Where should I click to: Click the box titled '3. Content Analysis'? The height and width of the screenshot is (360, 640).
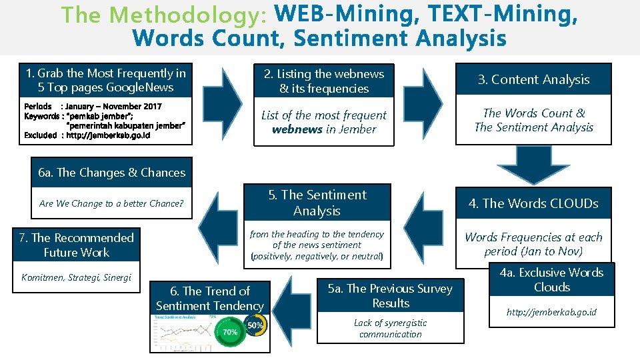point(533,79)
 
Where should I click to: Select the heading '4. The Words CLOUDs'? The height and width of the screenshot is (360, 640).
point(533,203)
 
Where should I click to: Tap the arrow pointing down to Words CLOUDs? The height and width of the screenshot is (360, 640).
point(533,164)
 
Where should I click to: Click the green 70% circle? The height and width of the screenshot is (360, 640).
point(231,332)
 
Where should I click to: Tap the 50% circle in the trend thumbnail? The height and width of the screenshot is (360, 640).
point(255,325)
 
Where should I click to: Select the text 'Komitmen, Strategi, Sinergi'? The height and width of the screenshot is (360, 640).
point(76,277)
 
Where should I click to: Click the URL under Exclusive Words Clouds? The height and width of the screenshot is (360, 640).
point(551,312)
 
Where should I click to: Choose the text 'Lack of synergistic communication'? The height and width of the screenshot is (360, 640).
point(391,328)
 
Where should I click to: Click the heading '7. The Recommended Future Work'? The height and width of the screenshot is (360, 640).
point(76,245)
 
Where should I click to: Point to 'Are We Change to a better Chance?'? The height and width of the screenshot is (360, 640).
point(111,203)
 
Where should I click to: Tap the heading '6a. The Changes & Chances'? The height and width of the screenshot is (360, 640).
point(112,173)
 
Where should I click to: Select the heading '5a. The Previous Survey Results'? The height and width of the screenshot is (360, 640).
point(391,295)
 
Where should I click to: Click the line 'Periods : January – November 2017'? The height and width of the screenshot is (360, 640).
point(93,106)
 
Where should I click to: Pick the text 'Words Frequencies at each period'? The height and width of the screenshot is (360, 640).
point(533,244)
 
